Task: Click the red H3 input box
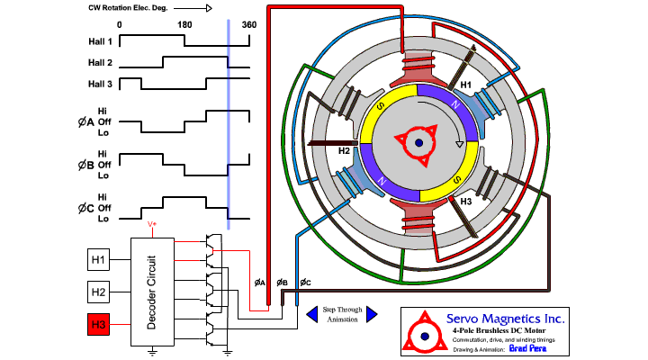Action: coord(98,324)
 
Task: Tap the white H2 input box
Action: coord(98,292)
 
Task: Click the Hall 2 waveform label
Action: coord(101,63)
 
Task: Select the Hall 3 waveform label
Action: coord(101,84)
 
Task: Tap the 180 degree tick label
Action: coord(184,24)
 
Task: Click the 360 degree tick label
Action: coord(249,24)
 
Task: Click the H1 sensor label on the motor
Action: coord(466,85)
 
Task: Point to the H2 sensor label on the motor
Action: coord(344,150)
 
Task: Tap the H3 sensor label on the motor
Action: coord(465,202)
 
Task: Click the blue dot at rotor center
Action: coord(419,144)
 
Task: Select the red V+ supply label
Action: coord(152,223)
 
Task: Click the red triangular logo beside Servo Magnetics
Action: coord(421,330)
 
